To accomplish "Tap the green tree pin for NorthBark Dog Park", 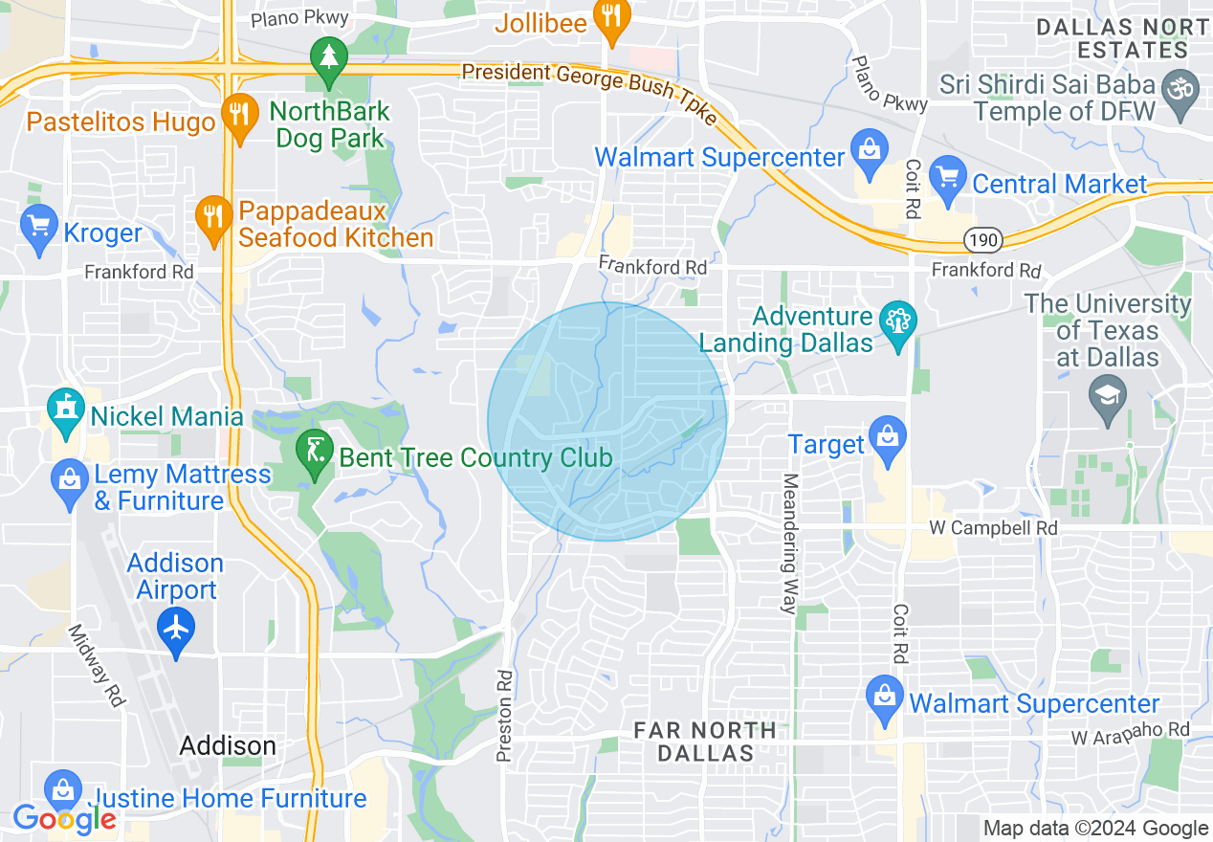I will tap(329, 57).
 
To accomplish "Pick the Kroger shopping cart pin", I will tap(38, 228).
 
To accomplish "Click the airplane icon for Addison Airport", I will tap(176, 629).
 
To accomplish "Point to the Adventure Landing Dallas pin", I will tap(898, 323).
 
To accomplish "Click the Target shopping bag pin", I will tap(888, 438).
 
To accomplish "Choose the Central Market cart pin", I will tap(949, 178).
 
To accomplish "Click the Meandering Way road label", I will tap(790, 543).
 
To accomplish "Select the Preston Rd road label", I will tap(505, 716).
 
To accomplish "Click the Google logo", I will tap(64, 818).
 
